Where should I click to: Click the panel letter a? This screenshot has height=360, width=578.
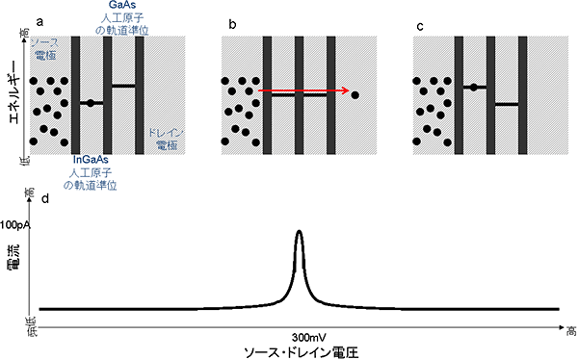point(39,21)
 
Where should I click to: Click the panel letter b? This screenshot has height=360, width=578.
point(228,21)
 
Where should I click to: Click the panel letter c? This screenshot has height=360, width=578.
point(419,21)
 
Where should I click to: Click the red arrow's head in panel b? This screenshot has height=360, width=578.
point(345,92)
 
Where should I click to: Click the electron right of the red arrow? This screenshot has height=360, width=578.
point(355,96)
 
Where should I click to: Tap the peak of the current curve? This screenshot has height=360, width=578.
point(300,232)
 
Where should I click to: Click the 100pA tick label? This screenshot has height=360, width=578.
point(19,224)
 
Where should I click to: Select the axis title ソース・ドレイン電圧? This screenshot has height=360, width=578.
point(300,352)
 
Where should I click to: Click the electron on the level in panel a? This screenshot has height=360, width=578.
point(89,102)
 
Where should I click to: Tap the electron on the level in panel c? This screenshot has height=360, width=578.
point(473,88)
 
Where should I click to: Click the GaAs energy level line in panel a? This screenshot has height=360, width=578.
point(123,86)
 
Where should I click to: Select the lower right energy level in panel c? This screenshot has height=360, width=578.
point(506,104)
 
